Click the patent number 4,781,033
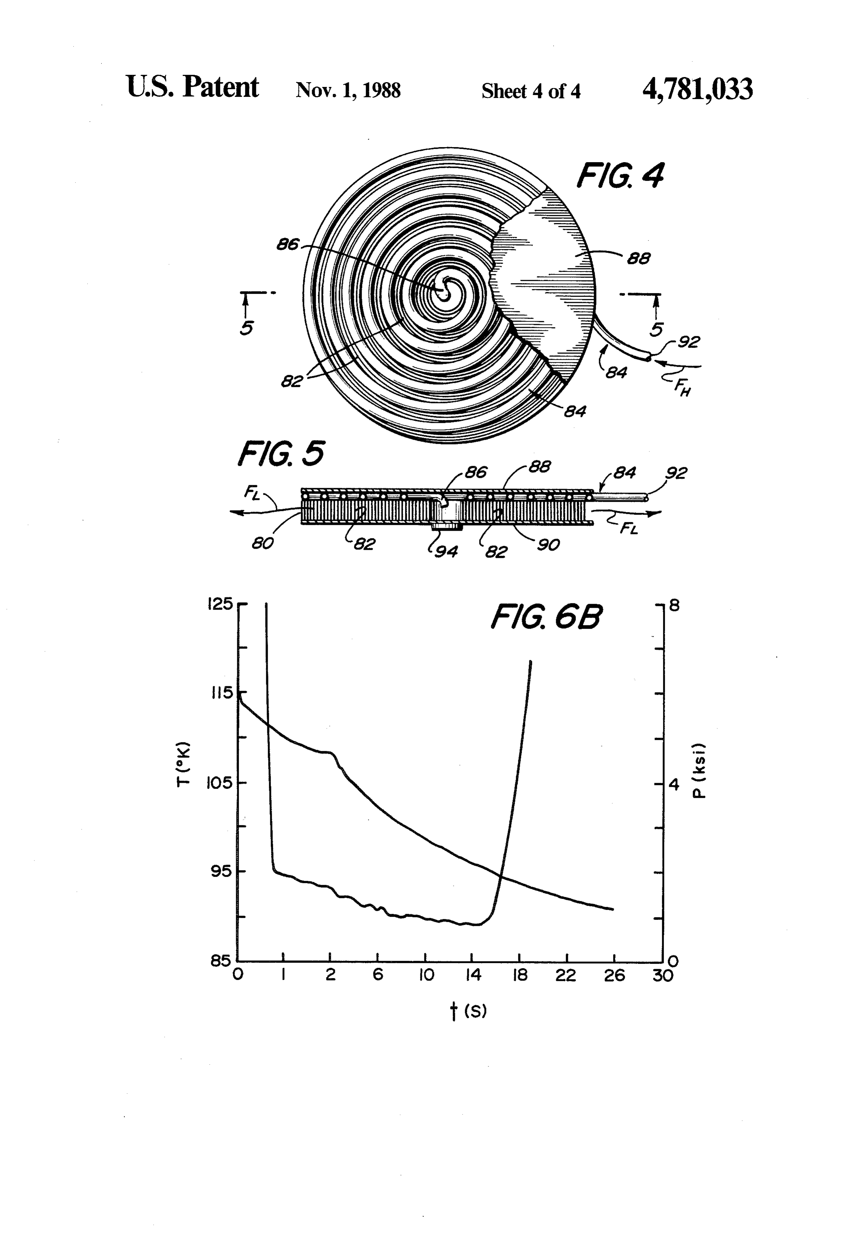697,89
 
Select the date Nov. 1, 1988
348,90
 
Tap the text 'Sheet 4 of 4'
531,91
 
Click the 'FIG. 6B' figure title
547,617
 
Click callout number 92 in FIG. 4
689,342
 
